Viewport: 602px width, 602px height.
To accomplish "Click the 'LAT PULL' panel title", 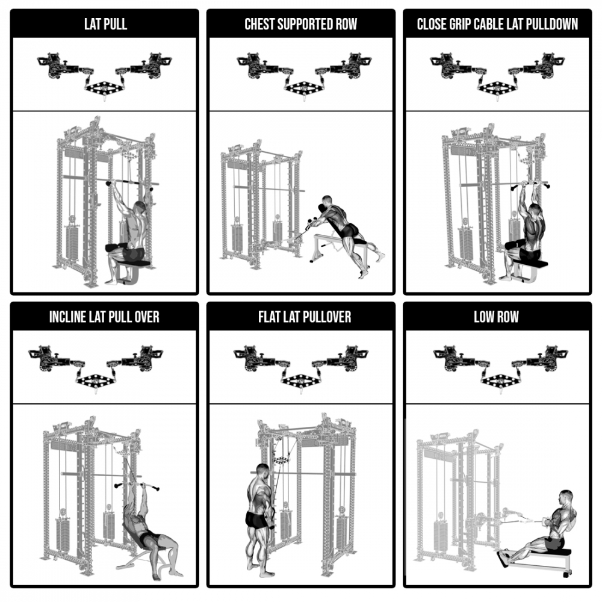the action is pyautogui.click(x=105, y=24).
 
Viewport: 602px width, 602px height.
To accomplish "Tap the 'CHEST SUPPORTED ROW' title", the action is pyautogui.click(x=300, y=24).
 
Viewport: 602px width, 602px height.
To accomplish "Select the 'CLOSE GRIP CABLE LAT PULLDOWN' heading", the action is pyautogui.click(x=497, y=24).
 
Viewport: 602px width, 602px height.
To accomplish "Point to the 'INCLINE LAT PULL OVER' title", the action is pyautogui.click(x=104, y=317).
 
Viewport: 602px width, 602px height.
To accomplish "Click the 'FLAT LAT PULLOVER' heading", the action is pyautogui.click(x=305, y=317).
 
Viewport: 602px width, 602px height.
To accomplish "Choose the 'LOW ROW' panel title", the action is pyautogui.click(x=496, y=317).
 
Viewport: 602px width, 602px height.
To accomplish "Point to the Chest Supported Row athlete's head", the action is pyautogui.click(x=327, y=200).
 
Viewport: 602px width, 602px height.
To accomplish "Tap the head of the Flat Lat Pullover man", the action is pyautogui.click(x=262, y=471).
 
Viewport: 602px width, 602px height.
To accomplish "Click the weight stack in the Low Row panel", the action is pyautogui.click(x=441, y=536).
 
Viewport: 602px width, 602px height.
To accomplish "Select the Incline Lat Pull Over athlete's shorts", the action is pyautogui.click(x=149, y=538).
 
